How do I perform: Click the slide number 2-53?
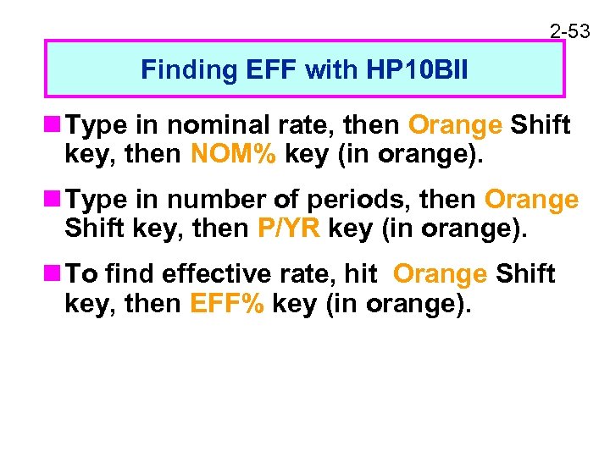pyautogui.click(x=570, y=31)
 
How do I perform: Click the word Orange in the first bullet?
pyautogui.click(x=455, y=126)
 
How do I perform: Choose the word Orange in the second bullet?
pyautogui.click(x=532, y=201)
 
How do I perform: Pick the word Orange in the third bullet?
pyautogui.click(x=441, y=274)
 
